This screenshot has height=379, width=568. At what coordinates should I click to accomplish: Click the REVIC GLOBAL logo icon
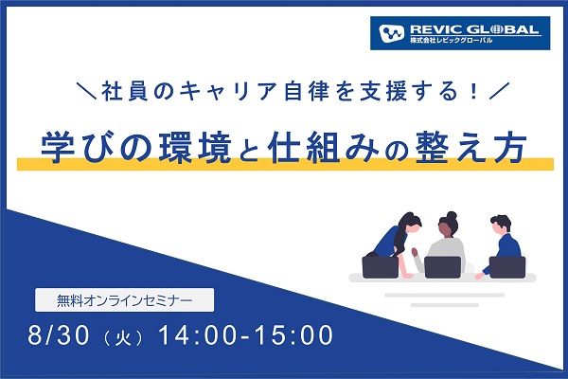point(391,33)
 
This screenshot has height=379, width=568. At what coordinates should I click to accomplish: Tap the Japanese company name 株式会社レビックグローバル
point(451,40)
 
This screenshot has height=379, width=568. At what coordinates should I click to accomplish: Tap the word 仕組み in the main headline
point(324,148)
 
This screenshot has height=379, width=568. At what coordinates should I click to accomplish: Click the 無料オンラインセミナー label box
point(124,300)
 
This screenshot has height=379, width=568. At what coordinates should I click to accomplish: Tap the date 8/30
point(59,334)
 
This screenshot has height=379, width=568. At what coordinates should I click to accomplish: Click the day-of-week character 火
point(122,338)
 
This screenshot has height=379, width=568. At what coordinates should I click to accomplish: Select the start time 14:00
point(199,334)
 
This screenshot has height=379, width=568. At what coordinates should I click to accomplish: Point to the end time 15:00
point(293,334)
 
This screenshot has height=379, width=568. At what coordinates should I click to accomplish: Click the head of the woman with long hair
point(412,222)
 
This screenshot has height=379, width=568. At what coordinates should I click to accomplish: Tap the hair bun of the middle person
point(452,215)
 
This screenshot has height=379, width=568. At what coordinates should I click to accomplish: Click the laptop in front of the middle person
point(442,267)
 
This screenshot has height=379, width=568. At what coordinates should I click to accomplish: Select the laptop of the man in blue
point(507,267)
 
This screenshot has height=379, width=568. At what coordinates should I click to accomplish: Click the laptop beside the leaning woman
point(381,267)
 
